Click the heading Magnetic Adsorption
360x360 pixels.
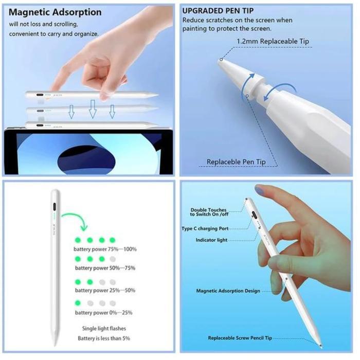click(55, 12)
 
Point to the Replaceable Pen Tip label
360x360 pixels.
click(236, 161)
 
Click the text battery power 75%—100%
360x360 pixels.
click(106, 249)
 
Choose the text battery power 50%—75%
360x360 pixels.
click(105, 268)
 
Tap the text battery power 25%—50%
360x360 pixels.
click(105, 291)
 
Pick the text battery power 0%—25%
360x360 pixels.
click(104, 313)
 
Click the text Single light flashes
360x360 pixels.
click(104, 328)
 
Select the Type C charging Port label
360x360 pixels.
click(205, 228)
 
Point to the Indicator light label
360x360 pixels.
click(212, 240)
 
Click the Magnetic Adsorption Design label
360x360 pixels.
click(228, 291)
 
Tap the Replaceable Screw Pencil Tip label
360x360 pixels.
click(240, 338)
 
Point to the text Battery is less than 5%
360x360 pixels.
click(104, 338)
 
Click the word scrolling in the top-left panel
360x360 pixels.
click(64, 24)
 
